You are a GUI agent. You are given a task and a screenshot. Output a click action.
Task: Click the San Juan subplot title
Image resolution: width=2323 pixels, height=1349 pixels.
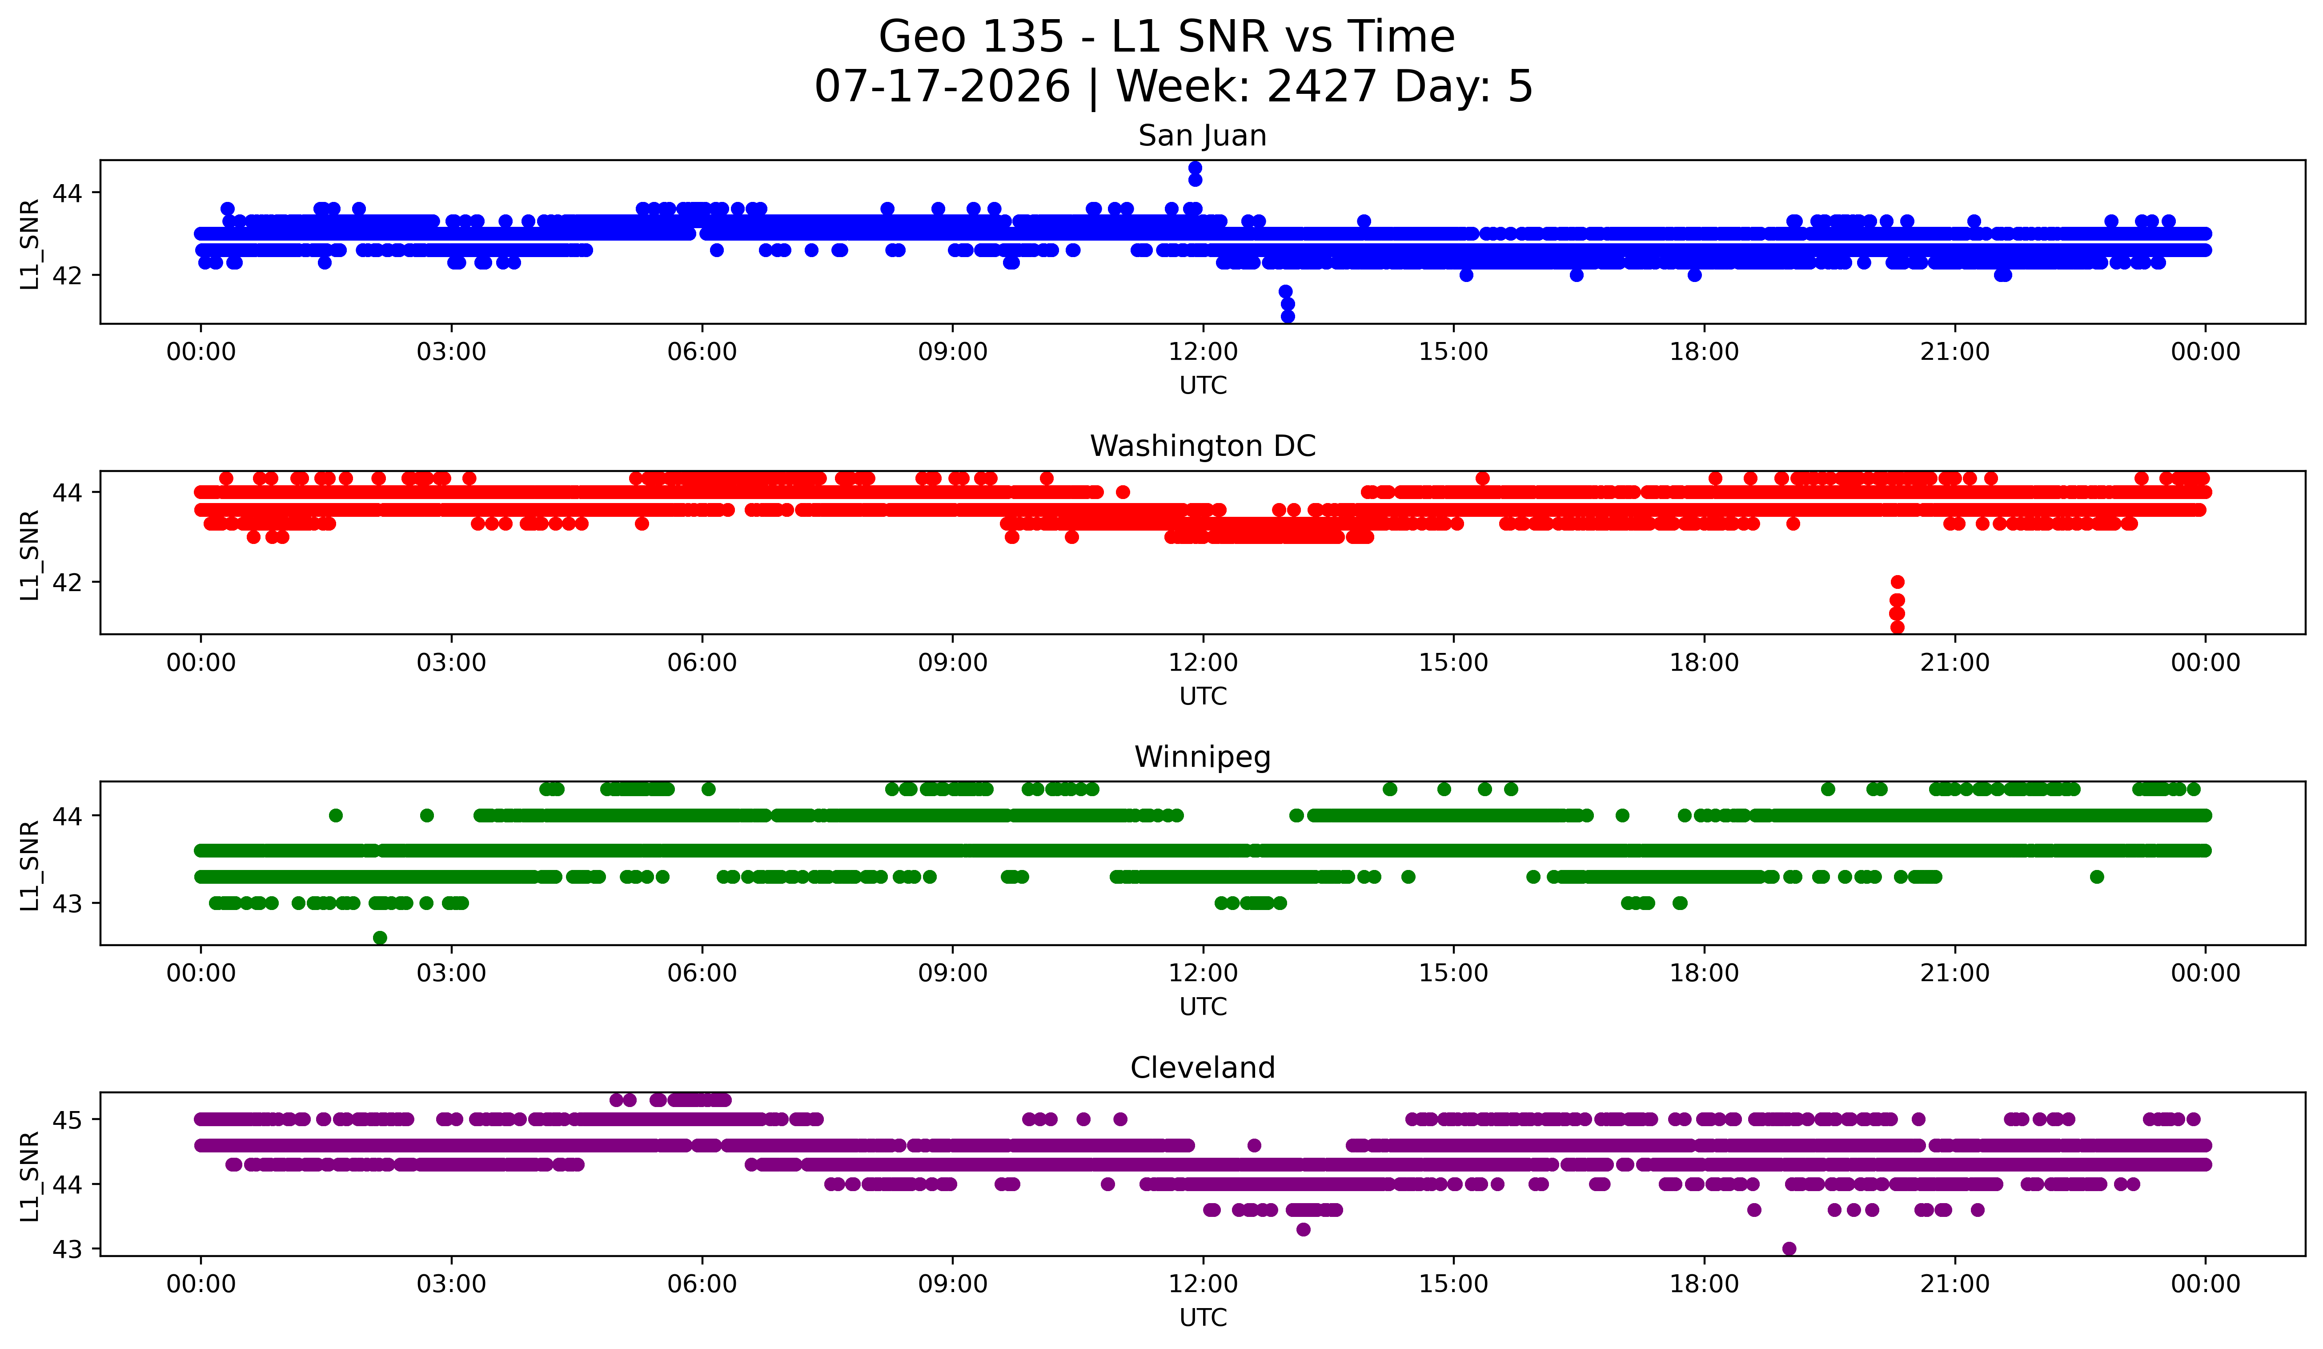pyautogui.click(x=1202, y=136)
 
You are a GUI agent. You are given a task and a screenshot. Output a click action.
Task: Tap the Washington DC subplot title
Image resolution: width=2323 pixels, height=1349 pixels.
pyautogui.click(x=1202, y=446)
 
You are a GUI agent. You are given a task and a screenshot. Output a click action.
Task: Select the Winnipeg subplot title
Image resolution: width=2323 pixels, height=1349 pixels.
pyautogui.click(x=1202, y=757)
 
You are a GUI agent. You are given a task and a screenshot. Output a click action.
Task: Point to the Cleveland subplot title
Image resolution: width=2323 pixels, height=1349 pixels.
pyautogui.click(x=1202, y=1068)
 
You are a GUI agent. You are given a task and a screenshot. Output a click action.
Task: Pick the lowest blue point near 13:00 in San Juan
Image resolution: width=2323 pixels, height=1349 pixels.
pyautogui.click(x=1288, y=316)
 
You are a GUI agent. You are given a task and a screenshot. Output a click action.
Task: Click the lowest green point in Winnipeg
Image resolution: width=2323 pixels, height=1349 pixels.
pyautogui.click(x=380, y=938)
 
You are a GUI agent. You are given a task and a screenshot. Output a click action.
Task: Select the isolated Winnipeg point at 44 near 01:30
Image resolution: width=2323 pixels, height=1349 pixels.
pyautogui.click(x=336, y=815)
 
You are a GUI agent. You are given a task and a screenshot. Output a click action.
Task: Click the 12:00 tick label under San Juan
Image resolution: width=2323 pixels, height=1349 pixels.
pyautogui.click(x=1203, y=352)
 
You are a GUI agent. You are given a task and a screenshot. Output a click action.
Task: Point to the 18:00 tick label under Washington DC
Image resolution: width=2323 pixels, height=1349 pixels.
pyautogui.click(x=1704, y=663)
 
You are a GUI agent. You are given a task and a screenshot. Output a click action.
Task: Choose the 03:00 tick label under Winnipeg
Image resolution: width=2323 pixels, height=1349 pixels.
pyautogui.click(x=452, y=974)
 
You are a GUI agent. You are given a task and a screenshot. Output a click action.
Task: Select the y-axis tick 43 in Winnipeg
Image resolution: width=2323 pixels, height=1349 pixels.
pyautogui.click(x=67, y=904)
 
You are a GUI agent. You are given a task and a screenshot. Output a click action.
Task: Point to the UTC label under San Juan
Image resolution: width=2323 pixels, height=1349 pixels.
pyautogui.click(x=1203, y=386)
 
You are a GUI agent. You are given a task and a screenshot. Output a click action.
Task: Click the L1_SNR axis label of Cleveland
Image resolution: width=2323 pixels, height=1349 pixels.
pyautogui.click(x=29, y=1176)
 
